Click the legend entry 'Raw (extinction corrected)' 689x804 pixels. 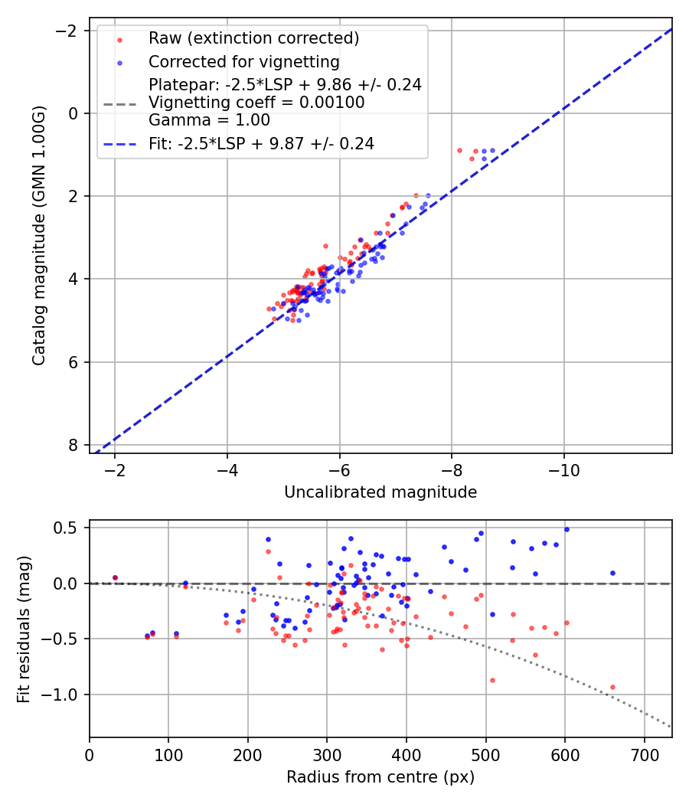tap(253, 38)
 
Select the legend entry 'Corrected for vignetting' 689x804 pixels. tap(244, 61)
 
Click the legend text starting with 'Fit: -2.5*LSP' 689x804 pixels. tap(261, 143)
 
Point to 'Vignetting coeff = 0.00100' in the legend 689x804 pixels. tap(256, 103)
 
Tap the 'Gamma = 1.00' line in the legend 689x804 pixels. tap(209, 120)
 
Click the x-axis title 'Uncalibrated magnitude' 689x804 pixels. tap(380, 492)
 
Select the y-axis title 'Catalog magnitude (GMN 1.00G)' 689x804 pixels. tap(39, 236)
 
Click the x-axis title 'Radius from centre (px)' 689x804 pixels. tap(380, 777)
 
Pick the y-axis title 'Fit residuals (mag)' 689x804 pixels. tap(24, 629)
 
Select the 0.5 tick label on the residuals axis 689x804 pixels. tap(70, 528)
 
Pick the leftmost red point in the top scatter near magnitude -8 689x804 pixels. tap(459, 150)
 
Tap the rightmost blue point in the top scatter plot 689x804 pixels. tap(492, 151)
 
